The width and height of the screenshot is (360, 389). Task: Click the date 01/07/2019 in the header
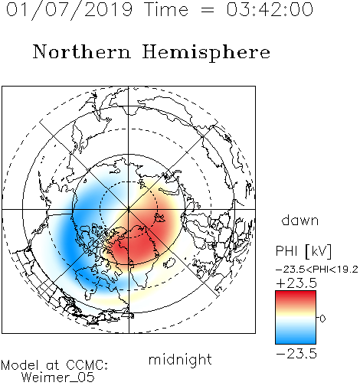pos(69,10)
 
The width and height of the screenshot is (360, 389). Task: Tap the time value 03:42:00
pos(270,9)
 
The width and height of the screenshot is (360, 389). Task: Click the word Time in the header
pos(166,9)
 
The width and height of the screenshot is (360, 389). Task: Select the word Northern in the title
pos(82,51)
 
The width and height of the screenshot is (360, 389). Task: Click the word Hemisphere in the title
pos(206,53)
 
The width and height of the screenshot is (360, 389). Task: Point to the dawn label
pos(300,220)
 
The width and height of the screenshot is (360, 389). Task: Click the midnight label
pos(180,360)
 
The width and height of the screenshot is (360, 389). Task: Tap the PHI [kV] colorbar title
pos(303,251)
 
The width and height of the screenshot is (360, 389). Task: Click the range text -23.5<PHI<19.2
pos(317,270)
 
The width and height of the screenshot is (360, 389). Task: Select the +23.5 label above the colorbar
pos(296,283)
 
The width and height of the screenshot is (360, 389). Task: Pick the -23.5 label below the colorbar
pos(296,354)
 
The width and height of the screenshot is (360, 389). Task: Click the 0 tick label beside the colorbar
pos(322,319)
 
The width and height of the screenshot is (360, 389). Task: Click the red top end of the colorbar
pos(296,293)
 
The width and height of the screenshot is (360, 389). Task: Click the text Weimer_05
pos(57,378)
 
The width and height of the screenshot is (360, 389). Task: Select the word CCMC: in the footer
pos(87,365)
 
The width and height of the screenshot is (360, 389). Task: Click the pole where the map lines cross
pos(129,209)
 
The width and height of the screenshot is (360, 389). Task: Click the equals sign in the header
pos(208,10)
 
